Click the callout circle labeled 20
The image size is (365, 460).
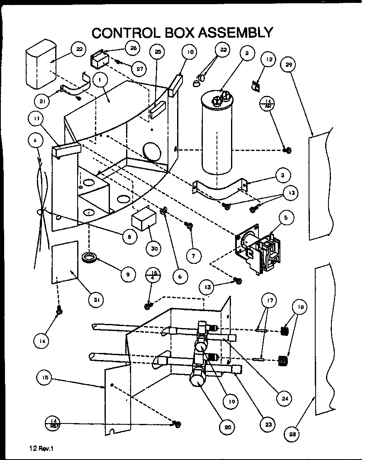pos(228,427)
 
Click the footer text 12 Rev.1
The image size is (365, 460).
pos(42,448)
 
